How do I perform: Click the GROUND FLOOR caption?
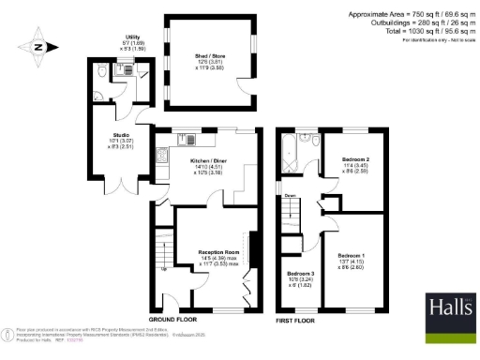point(174,320)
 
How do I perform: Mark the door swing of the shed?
point(247,89)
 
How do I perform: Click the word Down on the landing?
point(291,195)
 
